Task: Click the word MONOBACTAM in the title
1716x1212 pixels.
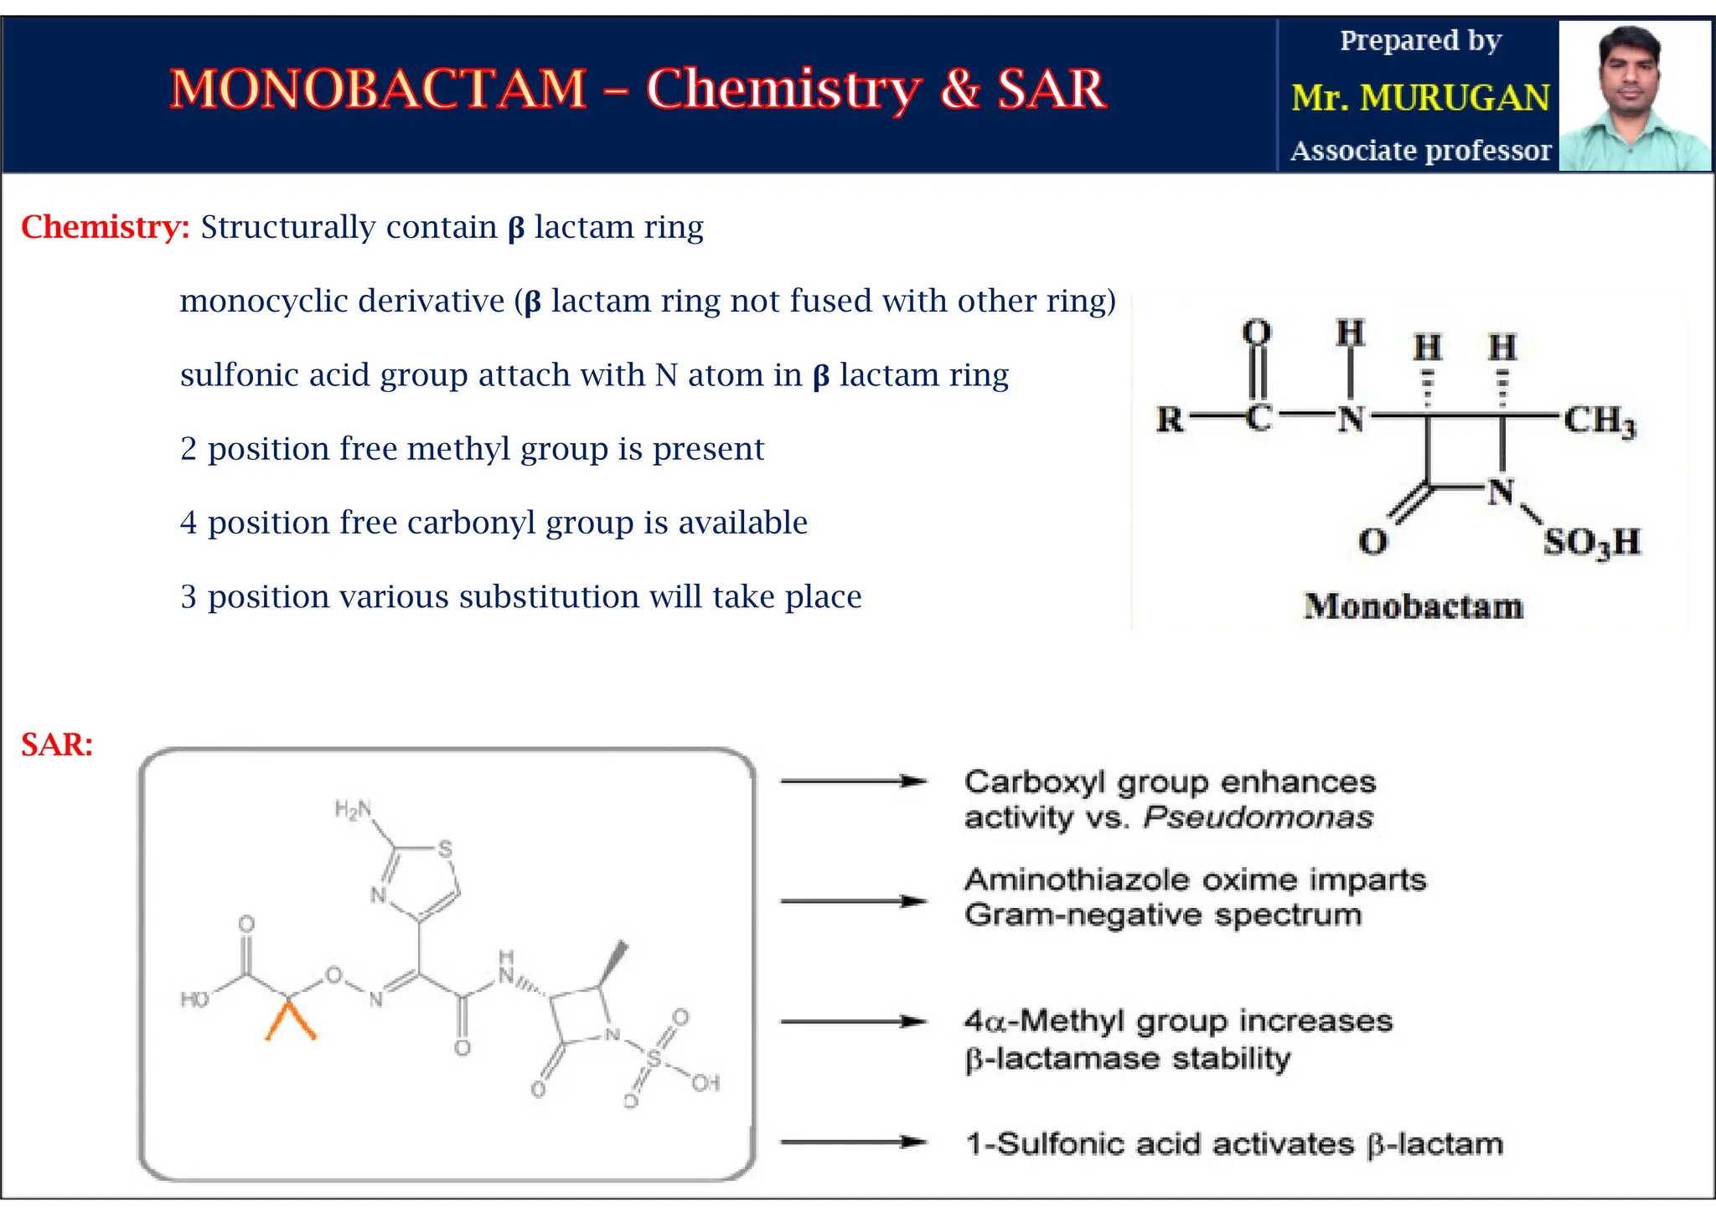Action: (378, 89)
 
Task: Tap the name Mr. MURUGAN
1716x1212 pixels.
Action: (1420, 98)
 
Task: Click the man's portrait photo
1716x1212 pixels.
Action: (1633, 96)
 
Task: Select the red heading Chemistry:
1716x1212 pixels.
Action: (106, 227)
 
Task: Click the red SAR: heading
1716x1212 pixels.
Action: (57, 745)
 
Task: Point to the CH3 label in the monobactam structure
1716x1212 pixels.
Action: (1599, 420)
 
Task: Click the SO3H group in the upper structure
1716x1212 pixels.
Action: (1591, 542)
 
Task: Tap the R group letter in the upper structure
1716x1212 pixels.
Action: (1170, 419)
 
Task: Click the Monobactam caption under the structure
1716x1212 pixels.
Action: (1414, 606)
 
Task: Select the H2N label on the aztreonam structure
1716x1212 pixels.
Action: (352, 809)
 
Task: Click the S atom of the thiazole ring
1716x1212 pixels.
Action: (445, 848)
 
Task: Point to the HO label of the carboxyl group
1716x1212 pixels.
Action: (194, 999)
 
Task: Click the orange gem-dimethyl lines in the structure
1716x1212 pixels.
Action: (290, 1021)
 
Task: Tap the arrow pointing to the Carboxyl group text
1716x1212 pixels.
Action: (853, 781)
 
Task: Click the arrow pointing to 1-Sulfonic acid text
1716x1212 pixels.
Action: (853, 1142)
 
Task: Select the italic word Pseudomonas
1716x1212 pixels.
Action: (1258, 817)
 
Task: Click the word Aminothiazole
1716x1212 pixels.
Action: (1078, 880)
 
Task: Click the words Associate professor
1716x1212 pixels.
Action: (1420, 151)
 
